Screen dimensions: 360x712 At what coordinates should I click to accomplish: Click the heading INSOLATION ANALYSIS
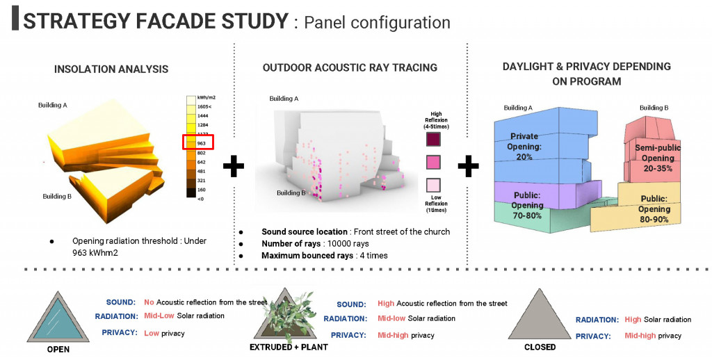pyautogui.click(x=111, y=69)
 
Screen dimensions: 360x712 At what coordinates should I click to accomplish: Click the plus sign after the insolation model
pyautogui.click(x=234, y=166)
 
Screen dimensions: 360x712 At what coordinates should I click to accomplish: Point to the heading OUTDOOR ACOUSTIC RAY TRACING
pyautogui.click(x=350, y=67)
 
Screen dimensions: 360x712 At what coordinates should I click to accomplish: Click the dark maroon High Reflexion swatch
pyautogui.click(x=436, y=140)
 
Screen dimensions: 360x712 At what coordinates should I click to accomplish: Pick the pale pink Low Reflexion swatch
pyautogui.click(x=436, y=186)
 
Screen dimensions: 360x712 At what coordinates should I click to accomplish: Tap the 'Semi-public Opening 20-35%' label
pyautogui.click(x=658, y=158)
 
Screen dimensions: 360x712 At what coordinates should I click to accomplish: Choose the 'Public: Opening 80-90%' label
pyautogui.click(x=654, y=209)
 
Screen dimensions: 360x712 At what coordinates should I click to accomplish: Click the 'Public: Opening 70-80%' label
pyautogui.click(x=528, y=205)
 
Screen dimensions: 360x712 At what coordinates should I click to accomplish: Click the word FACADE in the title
pyautogui.click(x=183, y=21)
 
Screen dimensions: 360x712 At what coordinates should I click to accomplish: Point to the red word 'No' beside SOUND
pyautogui.click(x=149, y=302)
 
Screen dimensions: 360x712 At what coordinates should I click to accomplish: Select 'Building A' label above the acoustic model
pyautogui.click(x=284, y=99)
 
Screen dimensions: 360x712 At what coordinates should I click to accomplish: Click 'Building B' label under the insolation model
pyautogui.click(x=58, y=196)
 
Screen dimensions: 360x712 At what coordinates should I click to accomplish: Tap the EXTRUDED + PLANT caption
pyautogui.click(x=288, y=346)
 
